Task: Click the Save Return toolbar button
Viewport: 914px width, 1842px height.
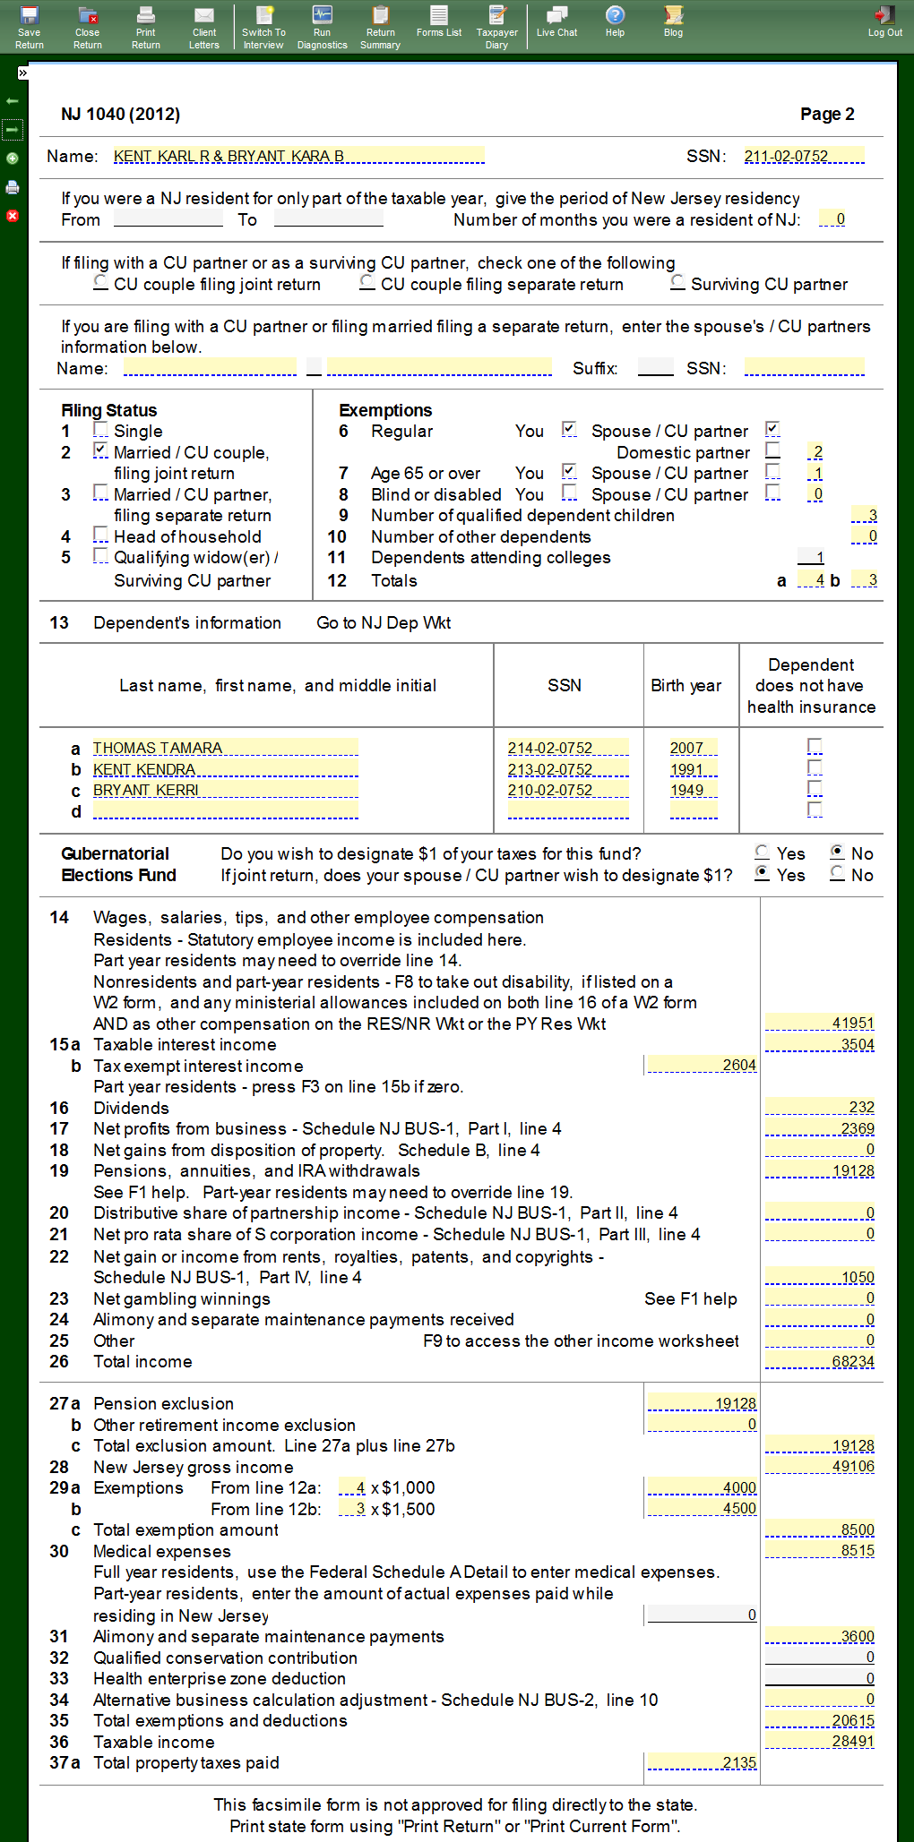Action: [x=29, y=27]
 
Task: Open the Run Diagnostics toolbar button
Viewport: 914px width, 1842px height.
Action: [x=322, y=27]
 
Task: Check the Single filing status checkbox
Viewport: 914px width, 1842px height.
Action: [x=101, y=431]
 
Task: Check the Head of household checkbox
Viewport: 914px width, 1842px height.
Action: [x=101, y=535]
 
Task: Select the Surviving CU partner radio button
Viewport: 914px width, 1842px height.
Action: [x=678, y=283]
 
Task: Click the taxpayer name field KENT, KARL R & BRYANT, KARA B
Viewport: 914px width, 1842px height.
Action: [x=298, y=156]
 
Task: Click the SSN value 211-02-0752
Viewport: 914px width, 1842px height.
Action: [x=803, y=156]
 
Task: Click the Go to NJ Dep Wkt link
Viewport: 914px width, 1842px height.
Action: [x=384, y=622]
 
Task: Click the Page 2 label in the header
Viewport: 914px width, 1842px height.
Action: [x=827, y=114]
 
